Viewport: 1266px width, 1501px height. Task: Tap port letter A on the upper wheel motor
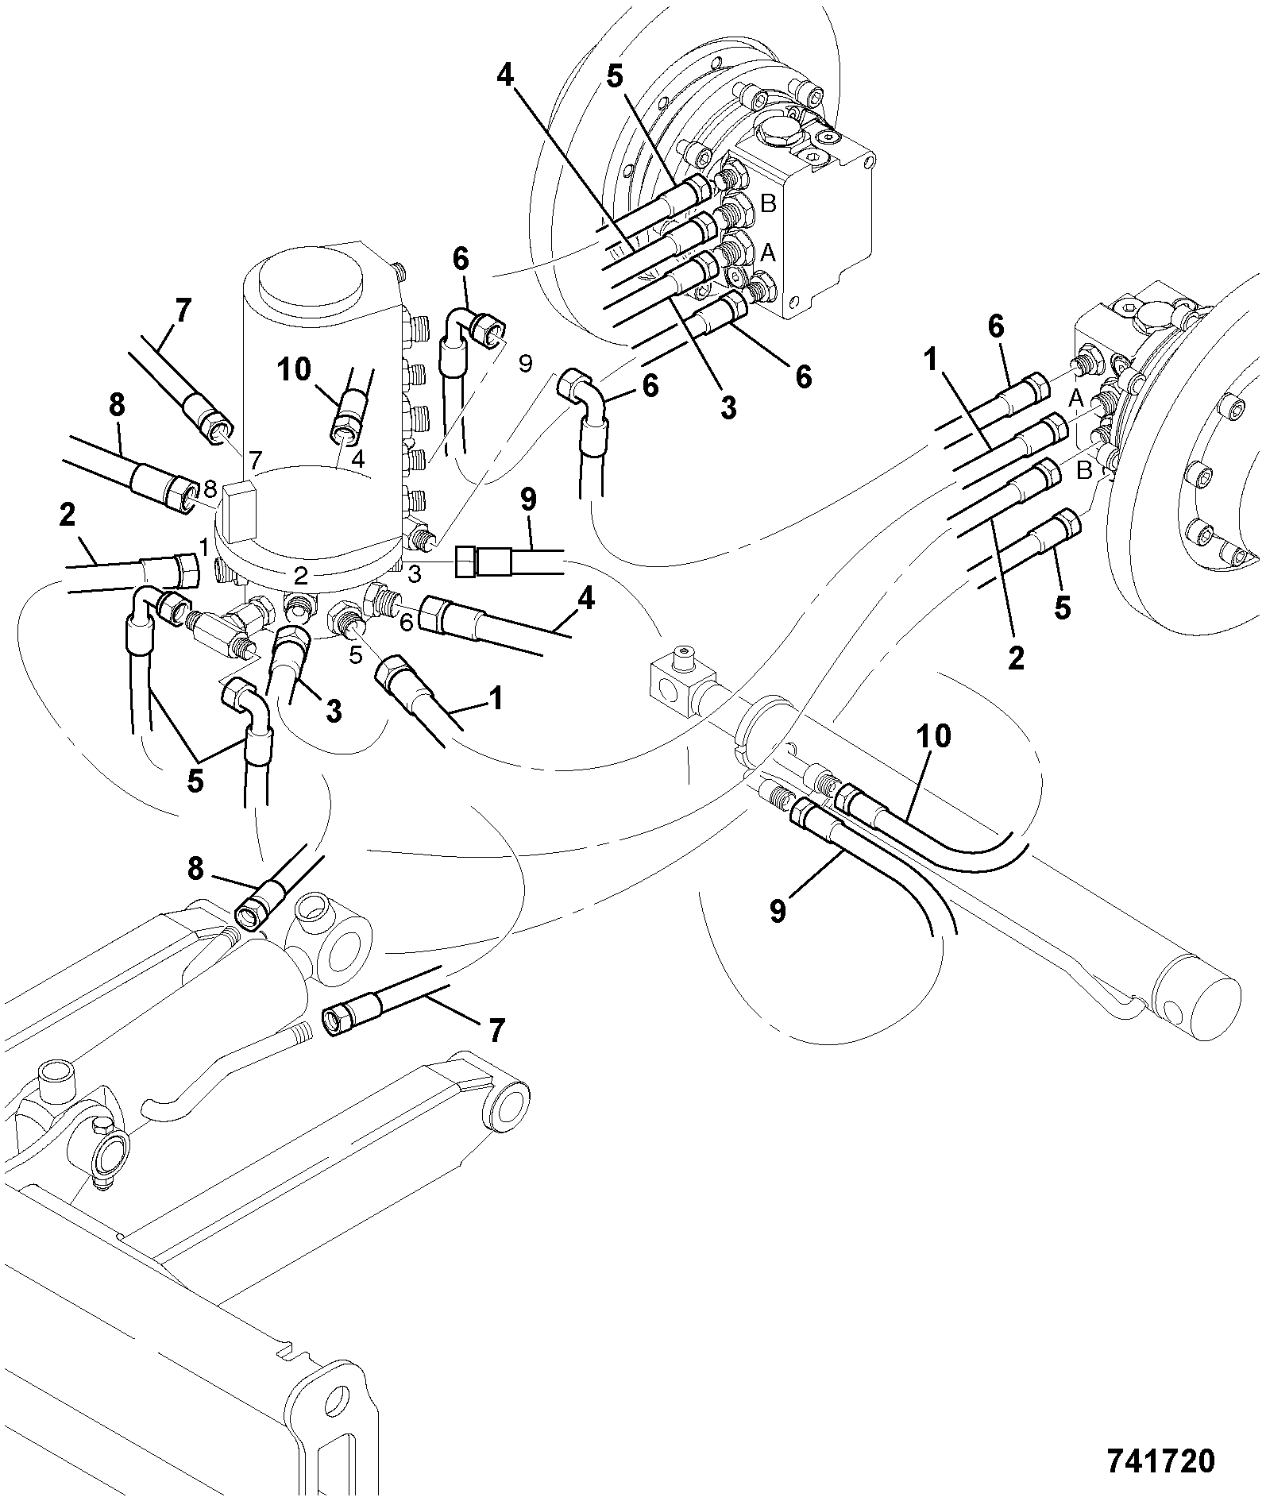pos(768,253)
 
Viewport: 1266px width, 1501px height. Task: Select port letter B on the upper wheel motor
pos(768,204)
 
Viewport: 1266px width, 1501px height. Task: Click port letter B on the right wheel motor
pos(1084,471)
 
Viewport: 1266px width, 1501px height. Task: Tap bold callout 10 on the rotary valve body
pos(294,370)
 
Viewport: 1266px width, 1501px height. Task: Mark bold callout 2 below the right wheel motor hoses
pos(1016,658)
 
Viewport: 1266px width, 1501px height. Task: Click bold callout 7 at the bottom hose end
pos(495,1030)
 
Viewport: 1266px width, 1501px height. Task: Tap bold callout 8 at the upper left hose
pos(117,405)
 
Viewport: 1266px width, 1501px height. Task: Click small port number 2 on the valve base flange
pos(300,573)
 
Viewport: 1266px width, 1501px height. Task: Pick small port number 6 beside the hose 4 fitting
pos(406,623)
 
